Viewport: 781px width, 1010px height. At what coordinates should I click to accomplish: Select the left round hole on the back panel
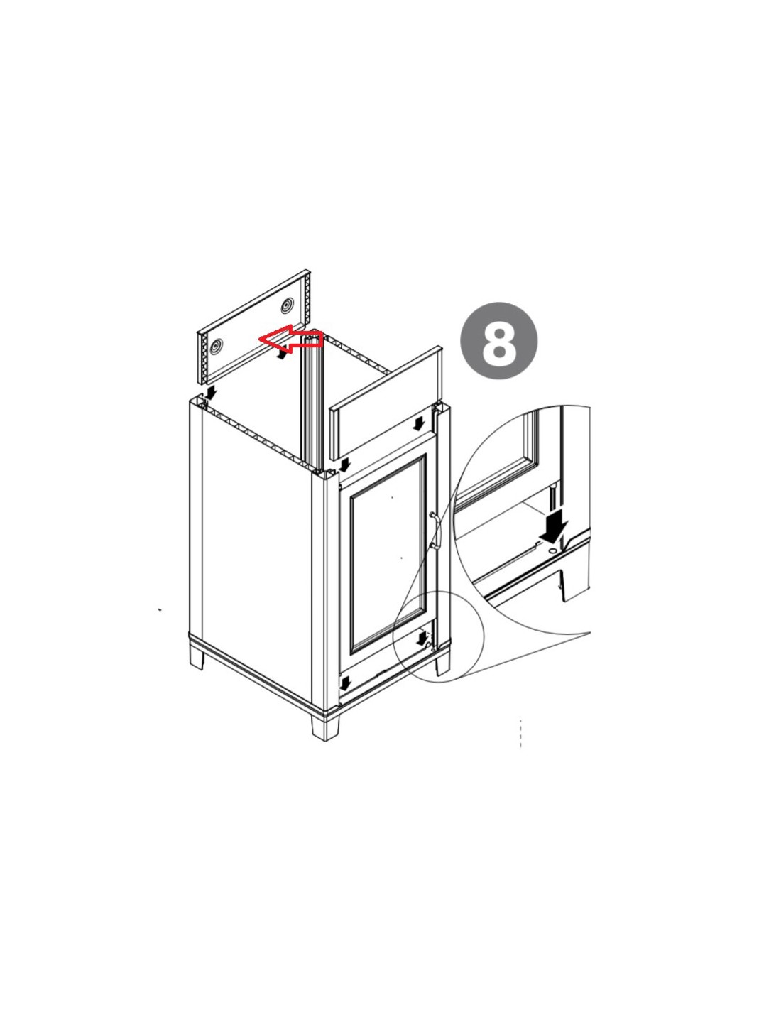[x=217, y=345]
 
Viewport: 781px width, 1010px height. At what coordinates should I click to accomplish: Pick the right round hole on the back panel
[x=287, y=305]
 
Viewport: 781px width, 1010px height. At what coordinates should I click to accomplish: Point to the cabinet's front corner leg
[x=325, y=727]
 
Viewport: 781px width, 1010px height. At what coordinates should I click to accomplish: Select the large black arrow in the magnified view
[x=555, y=525]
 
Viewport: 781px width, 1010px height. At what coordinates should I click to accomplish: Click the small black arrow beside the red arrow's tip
[x=280, y=354]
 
